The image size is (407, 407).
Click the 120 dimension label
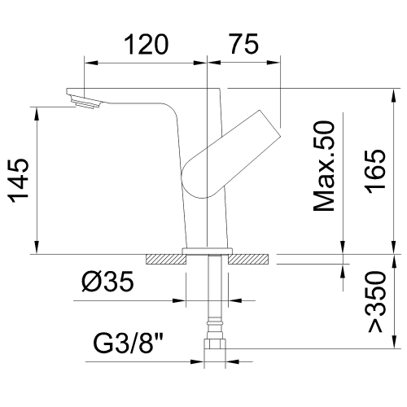pos(147,44)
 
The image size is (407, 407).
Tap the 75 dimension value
pos(244,44)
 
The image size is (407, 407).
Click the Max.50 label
pos(324,166)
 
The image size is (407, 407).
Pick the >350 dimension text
pos(376,302)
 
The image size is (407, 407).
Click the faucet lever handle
pos(231,154)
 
